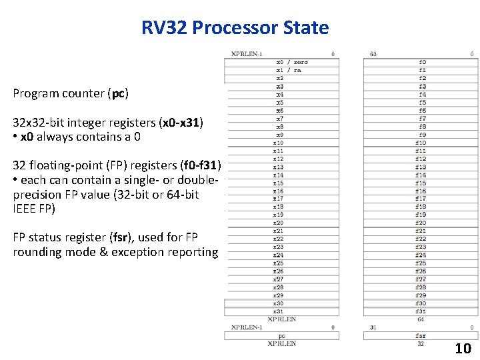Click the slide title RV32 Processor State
click(235, 28)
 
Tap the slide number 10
click(463, 348)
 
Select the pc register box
click(281, 336)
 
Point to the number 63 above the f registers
click(373, 54)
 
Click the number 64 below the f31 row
click(421, 319)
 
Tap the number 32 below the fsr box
click(421, 344)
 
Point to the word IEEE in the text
click(27, 209)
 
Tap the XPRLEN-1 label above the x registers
click(247, 54)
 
